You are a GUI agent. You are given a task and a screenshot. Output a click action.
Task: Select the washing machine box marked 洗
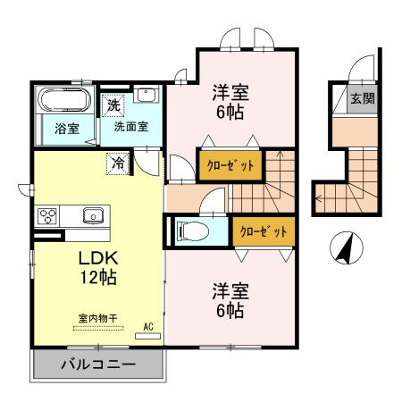click(x=113, y=105)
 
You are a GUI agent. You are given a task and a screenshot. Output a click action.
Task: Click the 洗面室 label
click(x=130, y=126)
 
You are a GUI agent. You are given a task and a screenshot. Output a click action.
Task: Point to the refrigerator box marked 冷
click(x=118, y=163)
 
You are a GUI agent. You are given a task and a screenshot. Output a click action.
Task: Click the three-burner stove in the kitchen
click(x=46, y=215)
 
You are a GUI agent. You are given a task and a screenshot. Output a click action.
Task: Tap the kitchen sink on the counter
click(x=92, y=214)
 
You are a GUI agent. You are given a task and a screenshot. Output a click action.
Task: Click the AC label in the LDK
click(x=149, y=327)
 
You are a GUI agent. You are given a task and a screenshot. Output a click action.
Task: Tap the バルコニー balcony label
click(x=98, y=364)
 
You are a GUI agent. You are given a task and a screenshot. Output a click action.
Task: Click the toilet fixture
click(x=192, y=231)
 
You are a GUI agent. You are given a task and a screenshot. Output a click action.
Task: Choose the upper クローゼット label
click(x=230, y=165)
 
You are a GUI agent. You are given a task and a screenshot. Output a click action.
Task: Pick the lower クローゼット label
click(x=264, y=231)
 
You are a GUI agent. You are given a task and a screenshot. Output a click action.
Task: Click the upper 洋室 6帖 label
click(x=229, y=102)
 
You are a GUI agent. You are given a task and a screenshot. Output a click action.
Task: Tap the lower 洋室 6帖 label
click(x=230, y=301)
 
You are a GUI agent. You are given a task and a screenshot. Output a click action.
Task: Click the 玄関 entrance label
click(x=361, y=98)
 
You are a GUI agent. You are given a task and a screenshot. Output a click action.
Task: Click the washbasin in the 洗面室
click(x=149, y=96)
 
